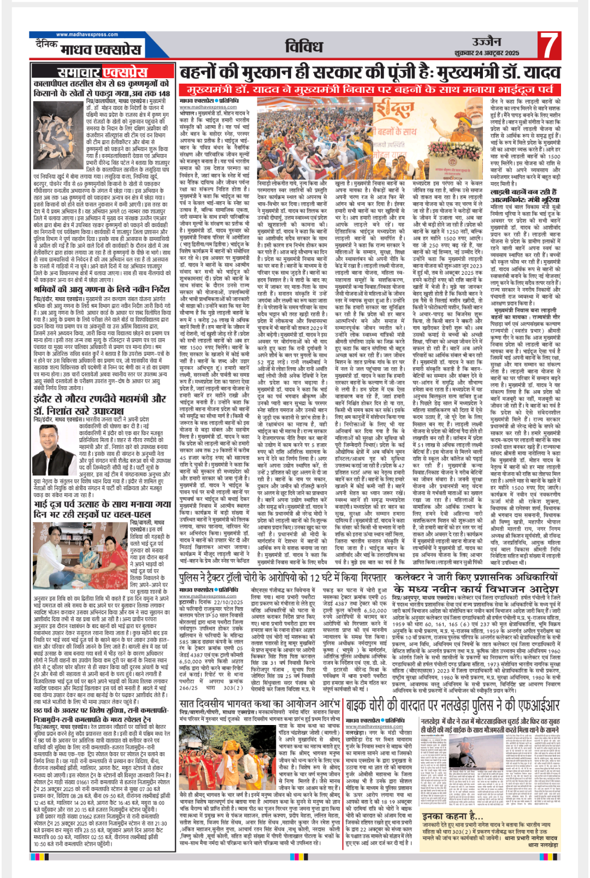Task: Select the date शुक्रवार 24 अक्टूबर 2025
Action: (487, 53)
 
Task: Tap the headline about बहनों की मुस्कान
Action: (362, 73)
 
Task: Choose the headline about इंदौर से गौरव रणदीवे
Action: (99, 404)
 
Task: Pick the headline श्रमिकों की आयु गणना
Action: (101, 289)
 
